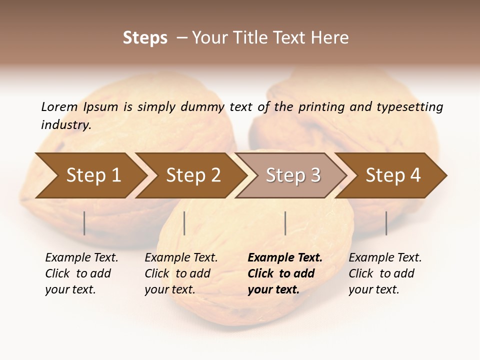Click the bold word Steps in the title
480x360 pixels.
pos(145,38)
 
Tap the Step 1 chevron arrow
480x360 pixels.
pos(93,175)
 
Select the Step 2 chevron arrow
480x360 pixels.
pos(193,175)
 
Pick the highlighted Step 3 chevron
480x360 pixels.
pos(293,175)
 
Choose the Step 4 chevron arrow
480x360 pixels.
pos(393,175)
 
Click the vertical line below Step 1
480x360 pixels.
pos(84,223)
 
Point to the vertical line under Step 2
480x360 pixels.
pos(184,223)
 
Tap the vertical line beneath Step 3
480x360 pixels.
pos(285,223)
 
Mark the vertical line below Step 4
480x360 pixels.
pos(386,223)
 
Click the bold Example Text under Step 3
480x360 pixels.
pos(285,258)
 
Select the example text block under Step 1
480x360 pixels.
pos(81,273)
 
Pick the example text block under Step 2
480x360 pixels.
pos(181,273)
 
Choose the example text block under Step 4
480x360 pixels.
pos(385,273)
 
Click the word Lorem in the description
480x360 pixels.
pos(59,106)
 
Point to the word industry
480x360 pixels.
pos(66,124)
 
